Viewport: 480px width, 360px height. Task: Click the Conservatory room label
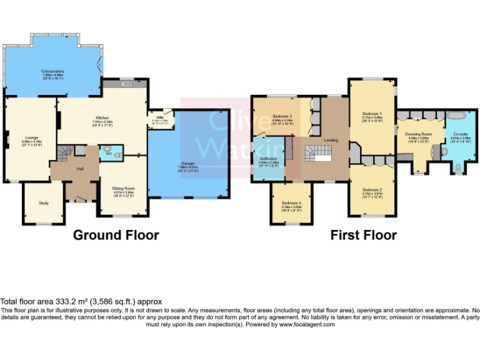click(x=53, y=71)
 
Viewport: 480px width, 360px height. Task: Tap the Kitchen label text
click(x=102, y=117)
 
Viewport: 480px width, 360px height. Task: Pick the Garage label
click(x=187, y=164)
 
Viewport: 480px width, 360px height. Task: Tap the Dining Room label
click(x=123, y=188)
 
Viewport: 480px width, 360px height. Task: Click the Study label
click(x=43, y=202)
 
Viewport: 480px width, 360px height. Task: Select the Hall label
click(x=79, y=169)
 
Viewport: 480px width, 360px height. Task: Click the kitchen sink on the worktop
click(x=124, y=84)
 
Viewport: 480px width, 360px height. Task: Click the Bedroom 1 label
click(x=372, y=113)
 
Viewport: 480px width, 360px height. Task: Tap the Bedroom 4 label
click(x=291, y=203)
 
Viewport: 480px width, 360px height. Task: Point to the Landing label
click(x=331, y=140)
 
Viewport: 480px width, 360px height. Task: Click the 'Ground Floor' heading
click(x=116, y=235)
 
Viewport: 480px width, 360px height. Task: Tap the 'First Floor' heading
click(x=363, y=235)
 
